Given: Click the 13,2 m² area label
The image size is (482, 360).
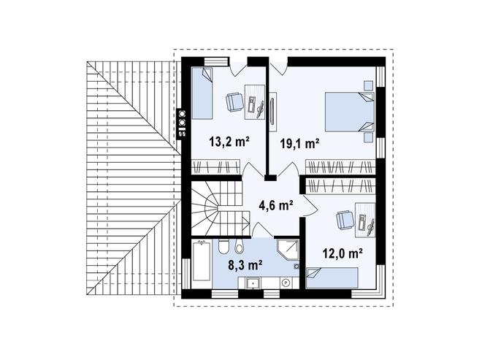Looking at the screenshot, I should coord(229,141).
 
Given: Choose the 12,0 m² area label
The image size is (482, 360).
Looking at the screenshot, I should coord(343,253).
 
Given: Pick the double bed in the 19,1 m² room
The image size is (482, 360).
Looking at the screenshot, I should coord(349,112).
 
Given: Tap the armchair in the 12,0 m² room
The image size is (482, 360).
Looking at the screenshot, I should coord(344,218).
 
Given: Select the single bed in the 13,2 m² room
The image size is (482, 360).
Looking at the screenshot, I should coord(202,93).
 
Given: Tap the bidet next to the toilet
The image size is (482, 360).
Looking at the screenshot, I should coord(222,245).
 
